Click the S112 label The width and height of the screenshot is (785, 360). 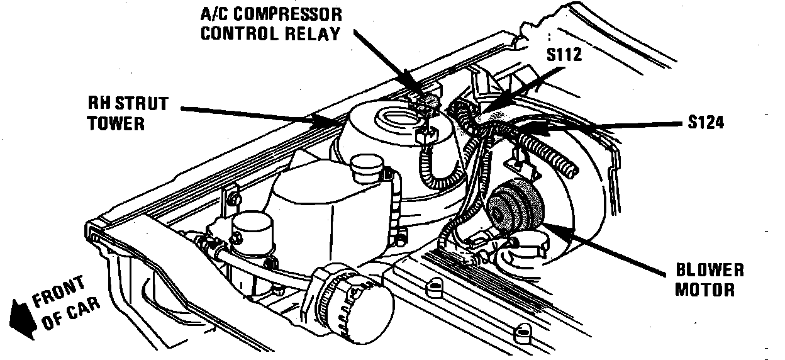coord(564,55)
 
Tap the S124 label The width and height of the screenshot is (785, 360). coord(706,122)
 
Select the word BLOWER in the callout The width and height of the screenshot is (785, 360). coord(710,271)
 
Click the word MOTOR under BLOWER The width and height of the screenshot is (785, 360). coord(705,290)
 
